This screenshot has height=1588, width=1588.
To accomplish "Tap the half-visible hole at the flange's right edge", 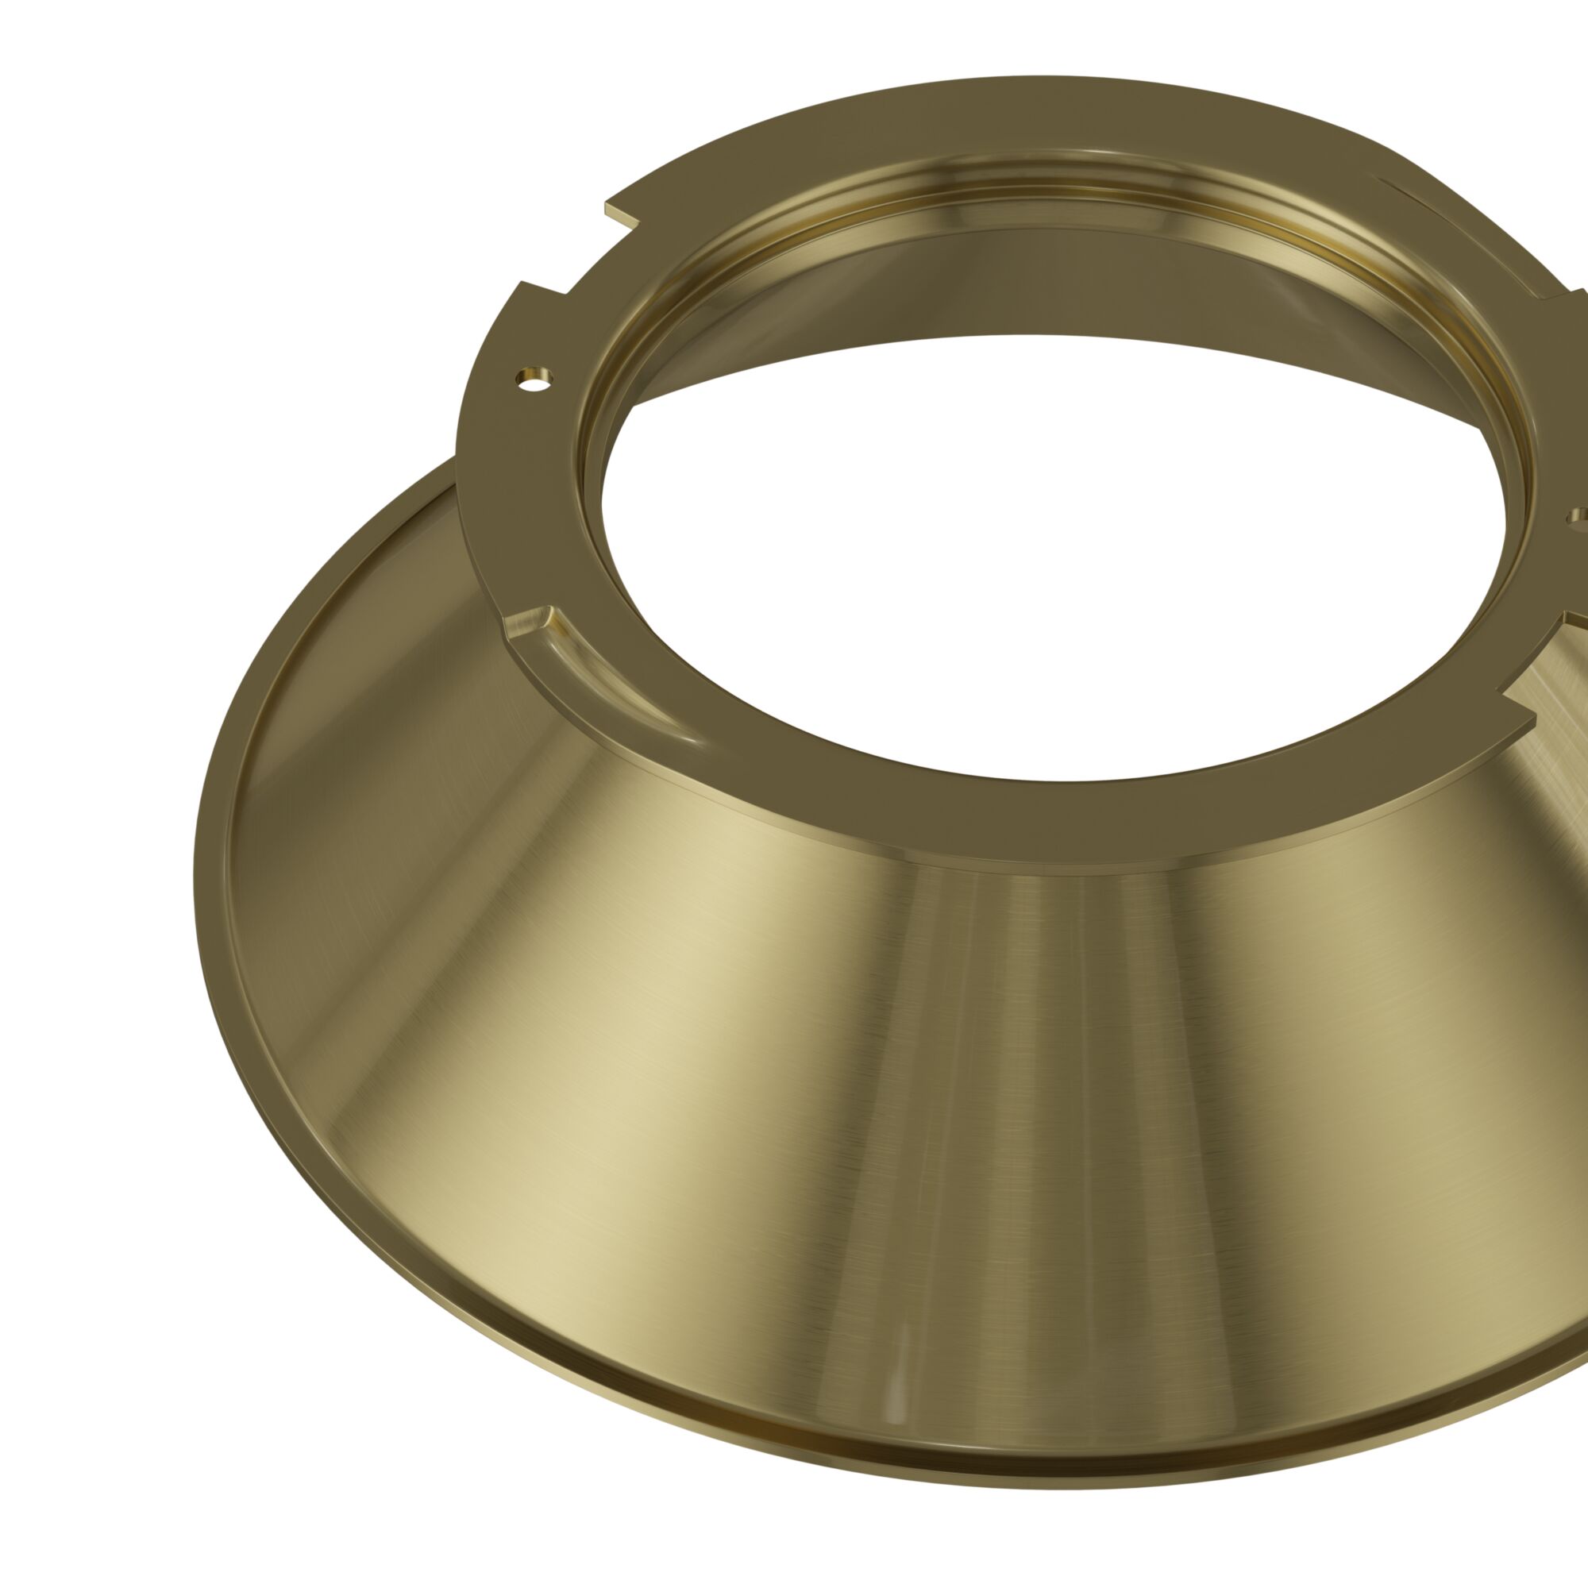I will pyautogui.click(x=1580, y=517).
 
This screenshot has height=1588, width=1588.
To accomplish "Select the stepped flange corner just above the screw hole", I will pyautogui.click(x=522, y=288).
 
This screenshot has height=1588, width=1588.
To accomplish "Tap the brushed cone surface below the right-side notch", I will pyautogui.click(x=1545, y=789).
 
